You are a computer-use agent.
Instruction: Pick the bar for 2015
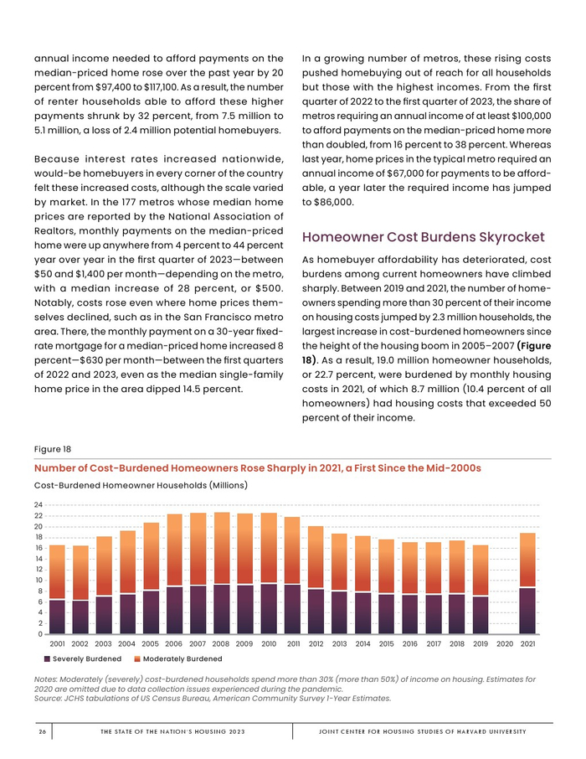tap(386, 586)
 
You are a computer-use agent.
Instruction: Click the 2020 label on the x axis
tap(504, 643)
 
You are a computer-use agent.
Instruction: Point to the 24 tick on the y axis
tap(39, 505)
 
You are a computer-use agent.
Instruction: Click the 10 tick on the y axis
tap(39, 581)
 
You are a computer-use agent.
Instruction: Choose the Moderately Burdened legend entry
tap(178, 659)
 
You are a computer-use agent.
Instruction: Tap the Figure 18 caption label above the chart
tap(53, 448)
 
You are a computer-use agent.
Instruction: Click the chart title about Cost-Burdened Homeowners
tap(257, 467)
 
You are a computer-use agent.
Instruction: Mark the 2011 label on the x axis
tap(293, 643)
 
